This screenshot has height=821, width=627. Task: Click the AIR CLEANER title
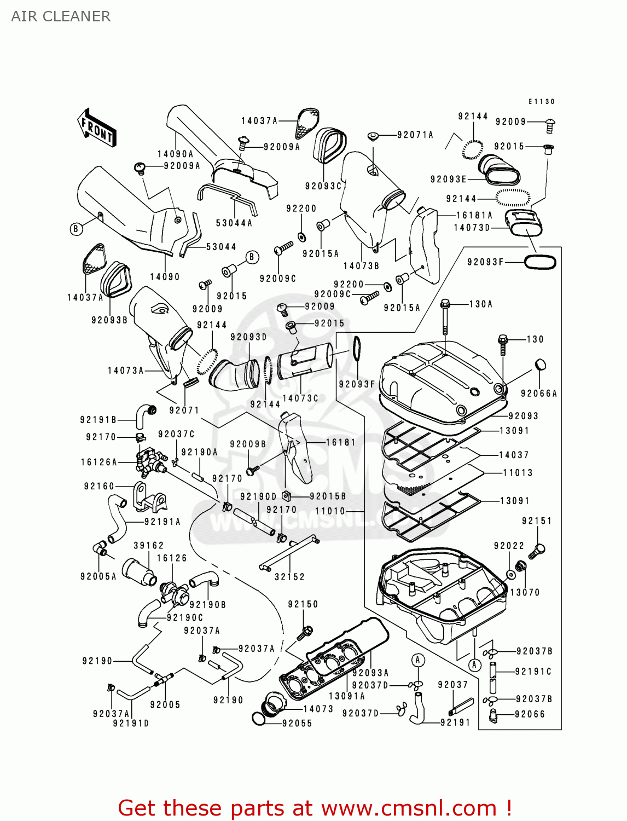61,16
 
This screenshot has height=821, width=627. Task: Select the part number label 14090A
175,154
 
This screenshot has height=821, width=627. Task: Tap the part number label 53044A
234,223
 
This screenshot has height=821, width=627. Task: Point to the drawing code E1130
541,102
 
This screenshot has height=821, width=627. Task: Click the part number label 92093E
448,180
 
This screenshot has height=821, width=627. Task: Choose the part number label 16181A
474,216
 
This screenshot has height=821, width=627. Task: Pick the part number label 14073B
361,266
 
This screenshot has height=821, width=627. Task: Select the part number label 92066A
538,394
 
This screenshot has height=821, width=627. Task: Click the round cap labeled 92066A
539,365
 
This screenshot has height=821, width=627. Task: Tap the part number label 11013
518,473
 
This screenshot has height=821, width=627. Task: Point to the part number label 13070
525,592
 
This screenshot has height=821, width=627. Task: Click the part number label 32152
289,577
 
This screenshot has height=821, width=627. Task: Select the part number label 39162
149,546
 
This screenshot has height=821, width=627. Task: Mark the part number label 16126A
99,462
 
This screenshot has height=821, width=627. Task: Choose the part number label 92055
297,724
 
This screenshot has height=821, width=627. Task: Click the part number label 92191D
131,723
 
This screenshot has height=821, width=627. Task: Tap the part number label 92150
303,604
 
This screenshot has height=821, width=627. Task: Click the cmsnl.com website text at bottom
408,808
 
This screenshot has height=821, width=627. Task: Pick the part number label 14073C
300,398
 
